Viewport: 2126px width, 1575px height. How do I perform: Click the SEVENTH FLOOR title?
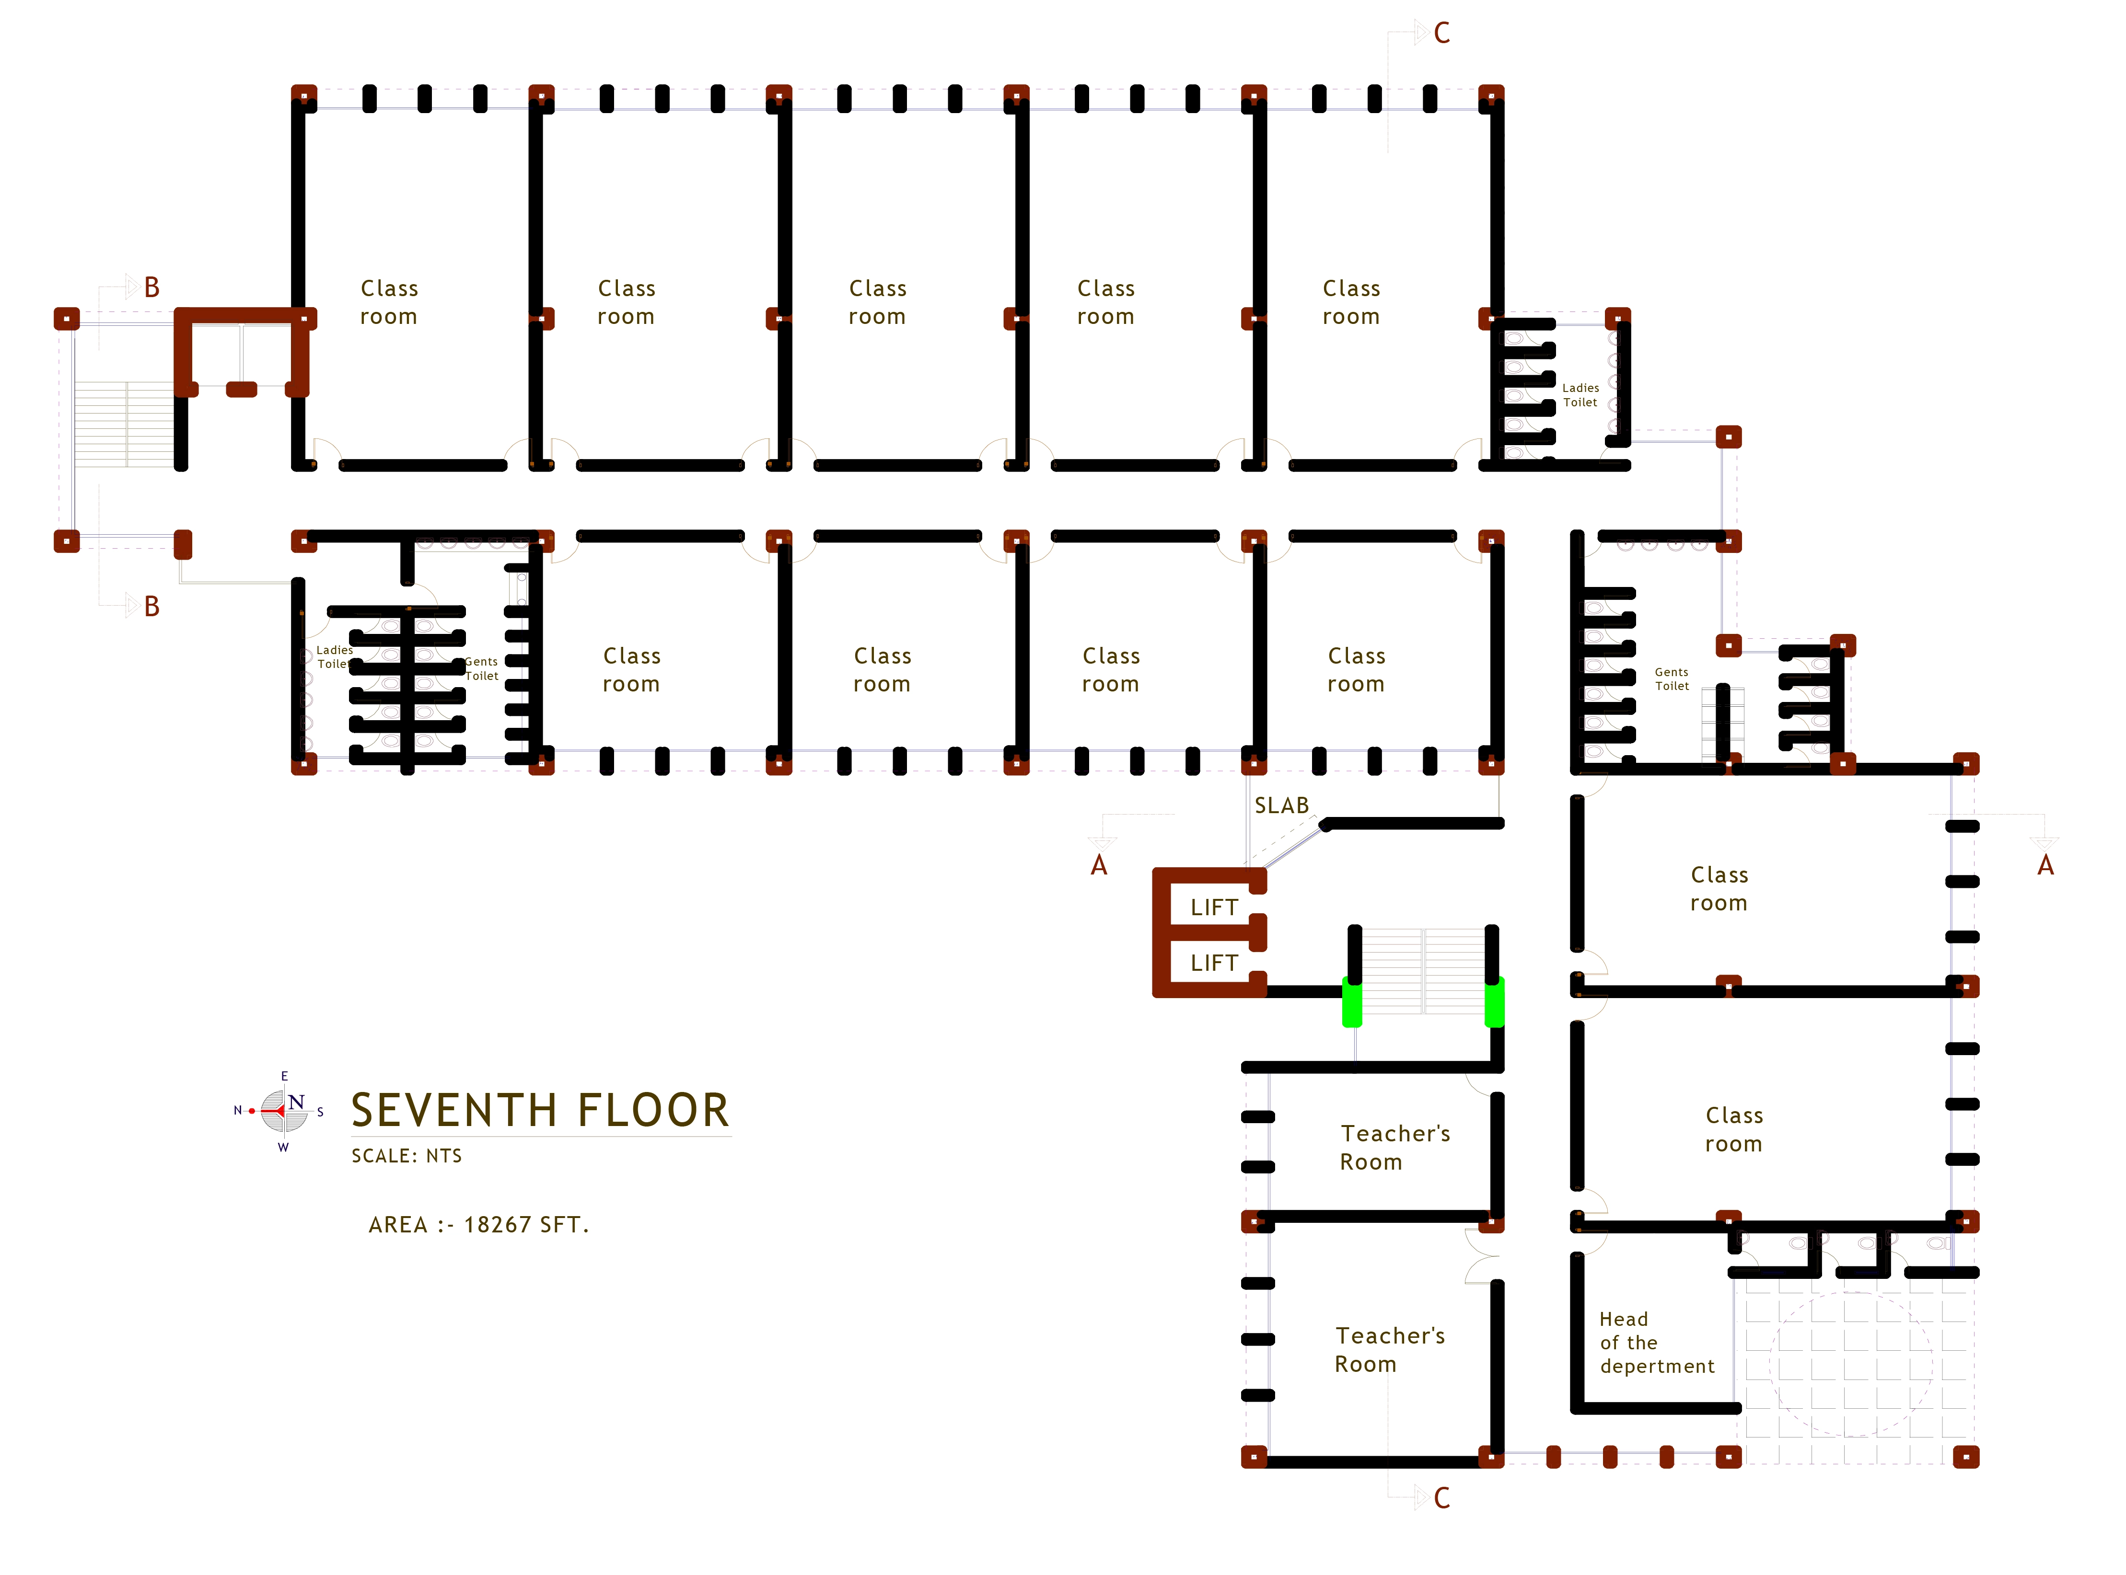point(540,1111)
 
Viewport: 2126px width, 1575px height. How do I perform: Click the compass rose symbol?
point(283,1112)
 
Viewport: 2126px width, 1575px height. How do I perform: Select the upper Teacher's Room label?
point(1394,1148)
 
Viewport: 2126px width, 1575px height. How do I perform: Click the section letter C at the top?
point(1441,34)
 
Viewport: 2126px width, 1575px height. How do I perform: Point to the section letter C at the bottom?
point(1441,1499)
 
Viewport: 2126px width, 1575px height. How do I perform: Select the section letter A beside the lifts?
point(1099,866)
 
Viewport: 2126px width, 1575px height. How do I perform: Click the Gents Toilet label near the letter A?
point(1671,679)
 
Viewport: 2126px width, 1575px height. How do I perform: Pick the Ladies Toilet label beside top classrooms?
point(1580,395)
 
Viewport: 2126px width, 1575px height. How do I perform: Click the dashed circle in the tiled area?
point(1850,1364)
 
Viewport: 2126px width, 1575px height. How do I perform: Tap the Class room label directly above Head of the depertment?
point(1733,1130)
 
